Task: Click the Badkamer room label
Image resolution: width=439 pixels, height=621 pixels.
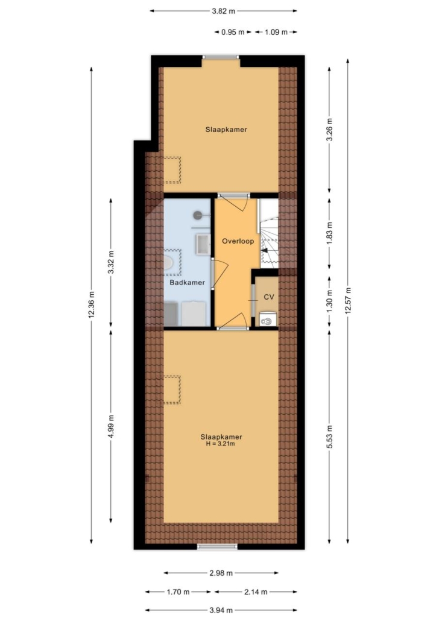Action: click(187, 282)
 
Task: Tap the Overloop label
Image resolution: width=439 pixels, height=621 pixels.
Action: click(238, 241)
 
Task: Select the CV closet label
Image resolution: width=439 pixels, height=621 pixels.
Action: click(269, 297)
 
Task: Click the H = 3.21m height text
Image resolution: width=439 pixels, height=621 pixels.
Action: click(221, 444)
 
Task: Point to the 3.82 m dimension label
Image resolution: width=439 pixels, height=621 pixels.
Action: click(224, 11)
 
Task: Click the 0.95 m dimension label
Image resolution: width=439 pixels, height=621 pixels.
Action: click(233, 32)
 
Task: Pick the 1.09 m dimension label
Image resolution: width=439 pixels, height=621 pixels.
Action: click(276, 32)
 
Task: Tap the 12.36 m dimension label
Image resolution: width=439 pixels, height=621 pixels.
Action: click(92, 305)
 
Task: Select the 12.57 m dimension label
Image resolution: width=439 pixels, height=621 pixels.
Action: click(348, 300)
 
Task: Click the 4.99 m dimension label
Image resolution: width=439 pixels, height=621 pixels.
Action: click(111, 426)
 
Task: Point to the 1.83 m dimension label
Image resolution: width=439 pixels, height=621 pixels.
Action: click(329, 233)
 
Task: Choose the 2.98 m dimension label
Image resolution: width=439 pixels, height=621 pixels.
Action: click(221, 573)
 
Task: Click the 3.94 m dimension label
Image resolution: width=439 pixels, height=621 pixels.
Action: click(221, 610)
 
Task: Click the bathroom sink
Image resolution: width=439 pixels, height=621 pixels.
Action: click(203, 244)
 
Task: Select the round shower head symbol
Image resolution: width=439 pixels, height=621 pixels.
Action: click(198, 215)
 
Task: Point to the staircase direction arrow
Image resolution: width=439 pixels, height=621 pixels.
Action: click(265, 250)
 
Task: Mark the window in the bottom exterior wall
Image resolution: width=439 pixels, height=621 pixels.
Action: click(218, 547)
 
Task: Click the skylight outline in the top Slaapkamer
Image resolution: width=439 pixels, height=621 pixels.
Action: click(172, 169)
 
